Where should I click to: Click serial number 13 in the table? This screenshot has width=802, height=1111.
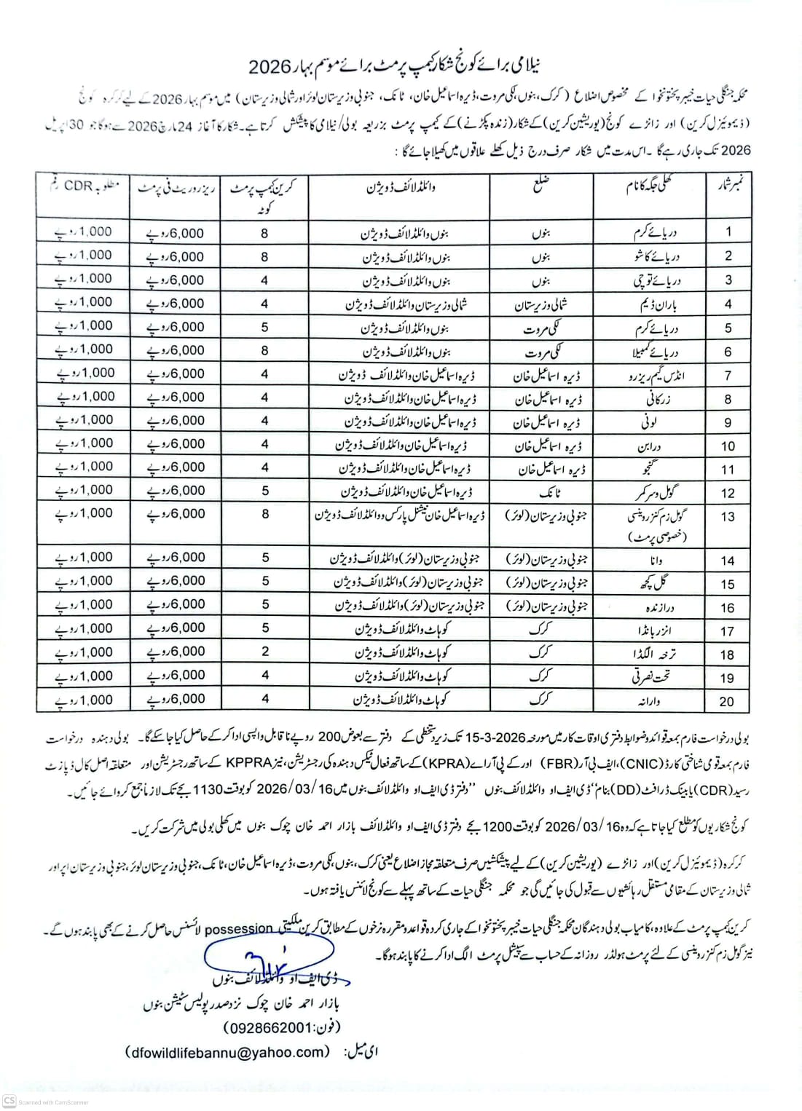point(728,517)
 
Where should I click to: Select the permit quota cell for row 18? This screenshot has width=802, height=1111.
point(265,652)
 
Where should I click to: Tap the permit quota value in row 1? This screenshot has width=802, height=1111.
point(265,233)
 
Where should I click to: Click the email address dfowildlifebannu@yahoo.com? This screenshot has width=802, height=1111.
point(228,1051)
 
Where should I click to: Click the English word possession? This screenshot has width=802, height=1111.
point(238,929)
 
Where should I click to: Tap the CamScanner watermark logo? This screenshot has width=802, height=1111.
point(9,1101)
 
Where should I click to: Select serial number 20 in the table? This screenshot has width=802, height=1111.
point(727,701)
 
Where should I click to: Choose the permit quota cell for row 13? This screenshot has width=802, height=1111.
point(265,514)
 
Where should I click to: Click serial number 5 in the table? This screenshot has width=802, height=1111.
point(728,328)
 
